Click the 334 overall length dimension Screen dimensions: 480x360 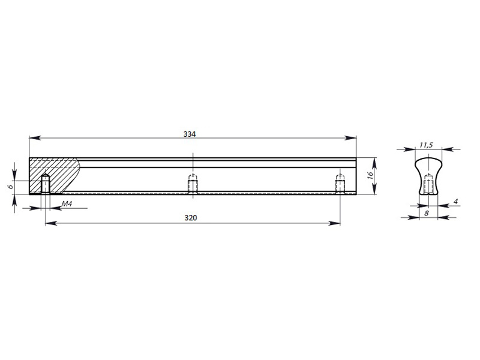pos(190,134)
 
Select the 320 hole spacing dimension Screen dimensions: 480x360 pos(191,218)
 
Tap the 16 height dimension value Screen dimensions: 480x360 pos(370,175)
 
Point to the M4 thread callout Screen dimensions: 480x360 pos(67,204)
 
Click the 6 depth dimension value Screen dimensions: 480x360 pos(10,186)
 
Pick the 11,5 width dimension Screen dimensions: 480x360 pos(426,145)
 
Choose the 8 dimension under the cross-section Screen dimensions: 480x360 pos(427,213)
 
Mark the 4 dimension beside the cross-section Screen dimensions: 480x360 pos(455,202)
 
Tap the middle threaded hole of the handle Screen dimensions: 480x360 pos(193,184)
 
